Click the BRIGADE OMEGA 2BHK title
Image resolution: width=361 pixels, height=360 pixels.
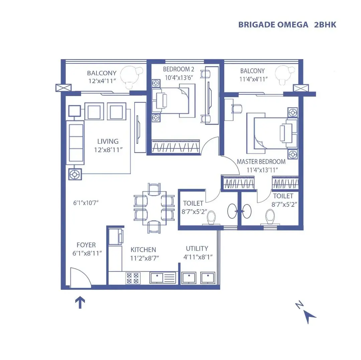click(x=287, y=25)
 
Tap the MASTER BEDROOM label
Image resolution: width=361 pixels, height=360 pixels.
click(x=261, y=162)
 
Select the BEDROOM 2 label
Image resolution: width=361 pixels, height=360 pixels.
click(x=178, y=69)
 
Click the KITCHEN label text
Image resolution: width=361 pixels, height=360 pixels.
click(x=143, y=250)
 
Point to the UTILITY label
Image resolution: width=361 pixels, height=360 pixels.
click(x=197, y=248)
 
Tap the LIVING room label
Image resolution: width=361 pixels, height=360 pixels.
click(x=108, y=141)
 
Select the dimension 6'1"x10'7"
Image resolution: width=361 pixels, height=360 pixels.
click(x=86, y=203)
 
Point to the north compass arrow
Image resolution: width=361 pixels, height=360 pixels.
click(x=310, y=316)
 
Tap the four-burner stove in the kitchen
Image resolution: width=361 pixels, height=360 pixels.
click(x=132, y=278)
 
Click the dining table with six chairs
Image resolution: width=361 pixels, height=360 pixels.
click(x=154, y=208)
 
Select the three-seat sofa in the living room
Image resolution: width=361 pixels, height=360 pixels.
click(x=75, y=143)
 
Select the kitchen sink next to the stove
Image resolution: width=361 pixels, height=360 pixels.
click(x=163, y=278)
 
